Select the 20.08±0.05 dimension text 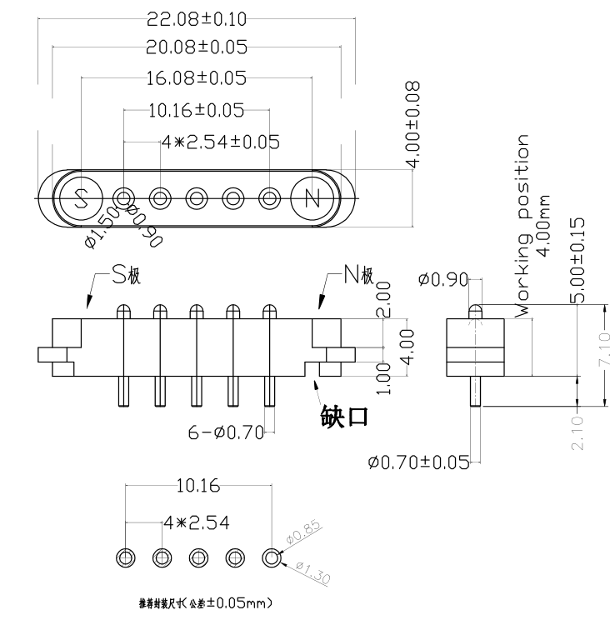click(x=197, y=47)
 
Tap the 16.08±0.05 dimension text click(x=197, y=78)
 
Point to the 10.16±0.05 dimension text click(x=196, y=110)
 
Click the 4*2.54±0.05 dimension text click(x=221, y=142)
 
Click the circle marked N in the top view click(x=312, y=198)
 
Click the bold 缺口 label click(x=343, y=416)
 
